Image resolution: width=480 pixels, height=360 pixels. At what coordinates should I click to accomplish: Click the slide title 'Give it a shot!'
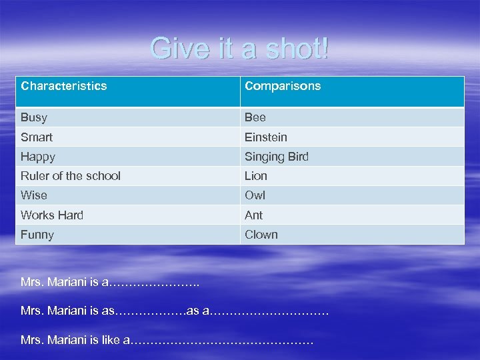coord(240,49)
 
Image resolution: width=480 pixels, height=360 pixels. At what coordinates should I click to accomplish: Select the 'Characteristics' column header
coord(64,86)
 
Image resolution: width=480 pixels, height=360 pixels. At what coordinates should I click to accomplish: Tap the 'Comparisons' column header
coord(283,86)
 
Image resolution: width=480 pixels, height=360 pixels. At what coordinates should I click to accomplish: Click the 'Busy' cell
coord(34,117)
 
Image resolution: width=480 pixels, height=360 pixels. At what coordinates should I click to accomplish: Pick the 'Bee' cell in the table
coord(255,117)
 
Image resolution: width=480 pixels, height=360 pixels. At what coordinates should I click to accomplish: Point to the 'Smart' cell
coord(37,137)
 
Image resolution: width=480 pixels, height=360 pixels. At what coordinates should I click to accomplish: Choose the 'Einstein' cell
coord(266,137)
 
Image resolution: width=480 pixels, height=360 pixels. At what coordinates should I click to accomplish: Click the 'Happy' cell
coord(38,157)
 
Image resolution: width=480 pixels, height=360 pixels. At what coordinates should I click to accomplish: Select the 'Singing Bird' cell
coord(277,157)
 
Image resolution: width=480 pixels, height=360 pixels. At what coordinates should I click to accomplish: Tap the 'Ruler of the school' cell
coord(71,176)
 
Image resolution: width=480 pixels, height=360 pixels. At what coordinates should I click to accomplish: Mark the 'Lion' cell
coord(256,176)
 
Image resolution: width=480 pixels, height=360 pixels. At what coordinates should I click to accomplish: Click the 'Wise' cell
coord(34,195)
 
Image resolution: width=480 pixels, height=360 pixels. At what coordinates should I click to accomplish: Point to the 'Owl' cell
coord(255,195)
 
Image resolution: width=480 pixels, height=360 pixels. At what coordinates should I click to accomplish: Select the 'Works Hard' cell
coord(52,215)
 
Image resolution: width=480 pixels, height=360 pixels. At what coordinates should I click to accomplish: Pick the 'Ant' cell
coord(254,215)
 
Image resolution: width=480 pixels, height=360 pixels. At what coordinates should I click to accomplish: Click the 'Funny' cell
coord(37,235)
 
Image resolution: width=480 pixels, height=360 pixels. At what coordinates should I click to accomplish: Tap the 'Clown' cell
coord(261,235)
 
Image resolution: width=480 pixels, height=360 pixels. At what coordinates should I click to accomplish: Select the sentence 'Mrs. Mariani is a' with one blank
coord(110,282)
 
